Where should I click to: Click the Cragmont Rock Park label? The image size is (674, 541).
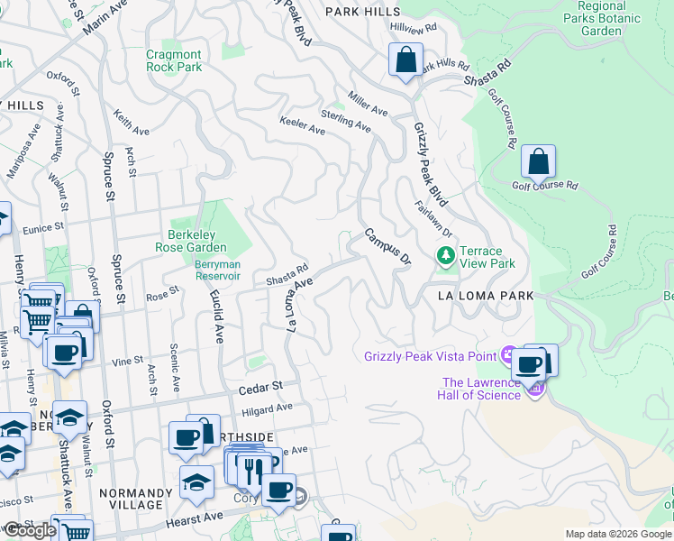174,60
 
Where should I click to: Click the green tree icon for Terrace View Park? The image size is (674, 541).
444,257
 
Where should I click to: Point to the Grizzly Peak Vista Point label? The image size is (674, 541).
431,356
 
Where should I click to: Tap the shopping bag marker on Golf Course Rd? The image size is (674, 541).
538,162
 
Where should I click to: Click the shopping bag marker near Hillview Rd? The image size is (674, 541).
406,60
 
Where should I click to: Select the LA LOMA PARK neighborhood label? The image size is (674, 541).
486,296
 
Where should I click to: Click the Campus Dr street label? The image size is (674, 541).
387,246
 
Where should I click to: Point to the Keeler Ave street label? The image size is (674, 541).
302,125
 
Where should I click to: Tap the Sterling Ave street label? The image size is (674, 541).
346,120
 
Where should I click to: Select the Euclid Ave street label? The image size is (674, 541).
217,316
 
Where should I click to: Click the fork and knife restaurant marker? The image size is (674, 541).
253,468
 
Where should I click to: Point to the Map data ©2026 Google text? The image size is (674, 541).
618,534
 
